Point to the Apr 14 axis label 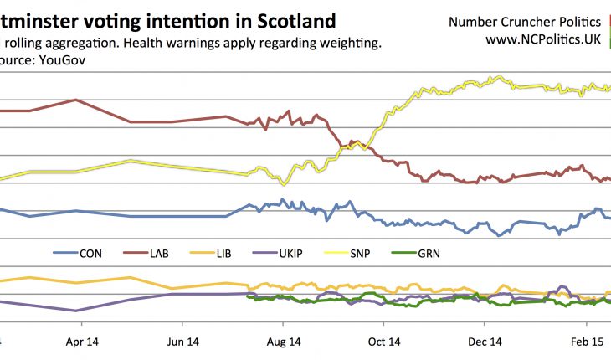coord(81,342)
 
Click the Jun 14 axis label coord(182,342)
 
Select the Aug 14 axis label coord(283,342)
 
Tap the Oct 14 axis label coord(384,342)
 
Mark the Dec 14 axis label coord(485,342)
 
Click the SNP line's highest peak coord(500,76)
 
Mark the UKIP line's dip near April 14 coord(78,311)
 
